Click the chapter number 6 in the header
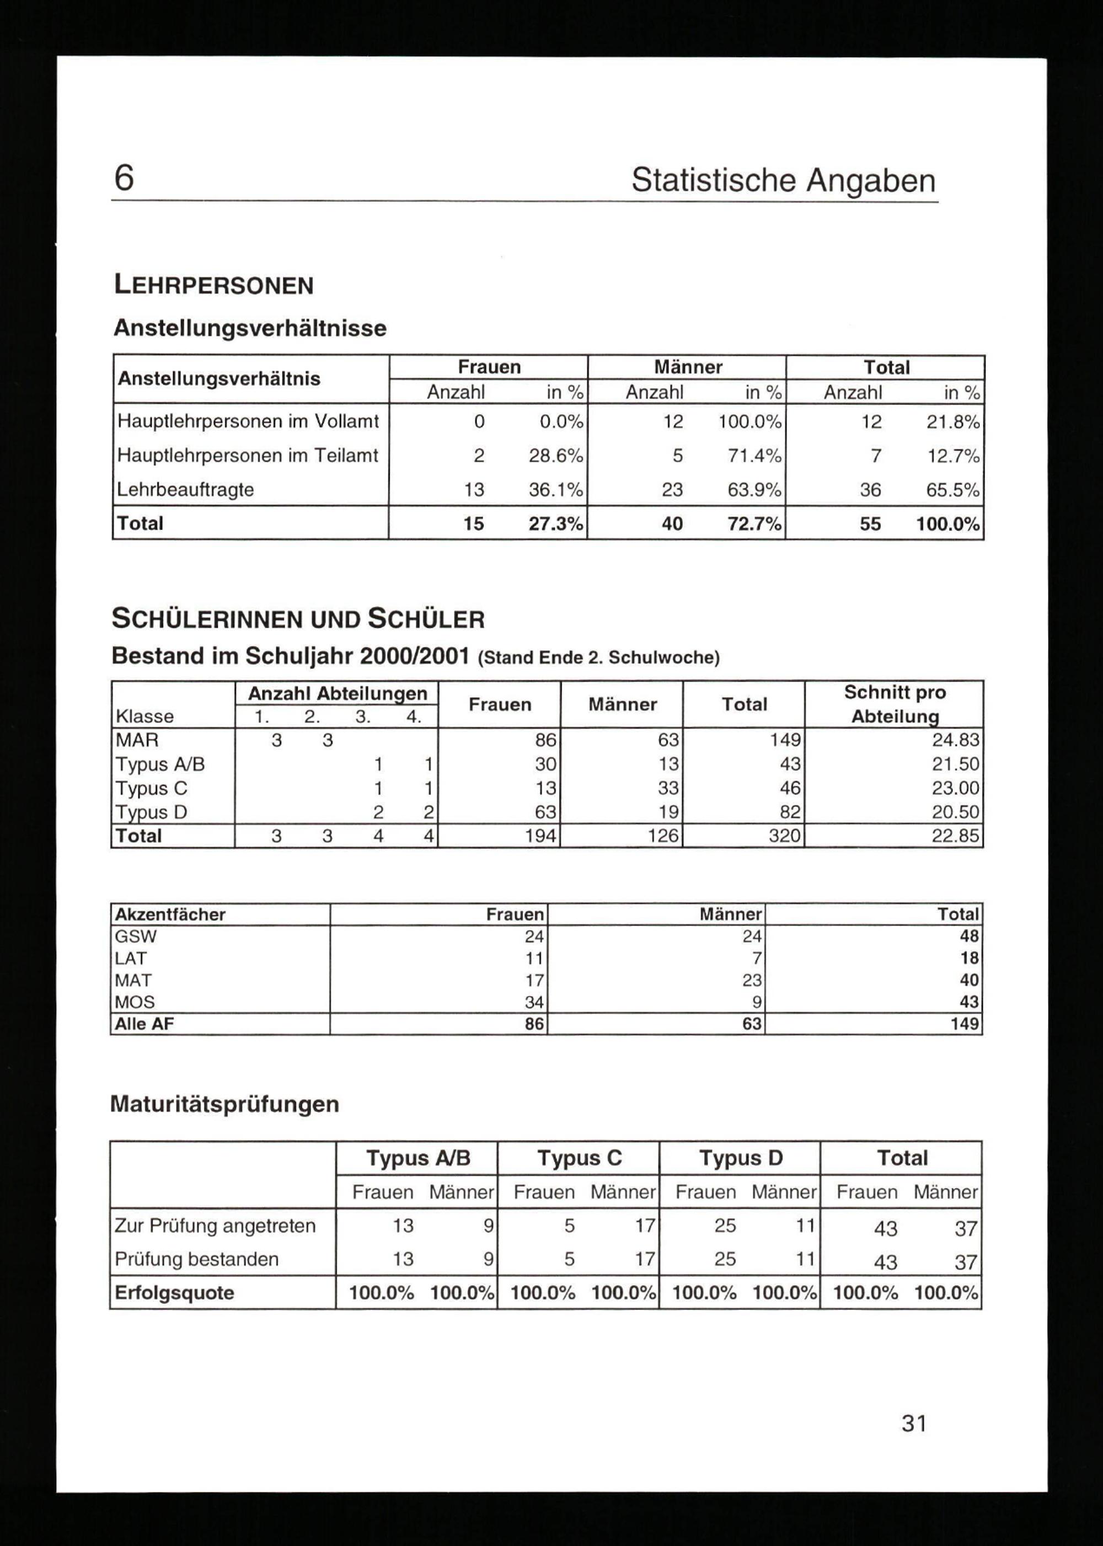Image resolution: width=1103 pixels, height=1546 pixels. click(124, 179)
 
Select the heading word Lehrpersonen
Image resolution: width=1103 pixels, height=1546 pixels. click(213, 285)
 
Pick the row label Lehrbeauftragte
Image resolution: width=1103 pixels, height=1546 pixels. click(185, 490)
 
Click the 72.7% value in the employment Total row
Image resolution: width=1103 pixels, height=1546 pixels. click(754, 524)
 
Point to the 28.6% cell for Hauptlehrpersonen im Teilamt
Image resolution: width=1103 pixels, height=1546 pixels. click(555, 456)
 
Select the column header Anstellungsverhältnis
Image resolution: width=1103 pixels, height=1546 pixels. click(219, 378)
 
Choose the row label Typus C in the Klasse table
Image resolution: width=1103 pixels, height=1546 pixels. click(152, 789)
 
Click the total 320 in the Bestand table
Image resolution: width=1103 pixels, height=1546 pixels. click(784, 836)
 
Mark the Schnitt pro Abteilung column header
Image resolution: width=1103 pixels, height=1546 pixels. click(895, 704)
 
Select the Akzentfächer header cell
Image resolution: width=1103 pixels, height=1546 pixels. click(170, 914)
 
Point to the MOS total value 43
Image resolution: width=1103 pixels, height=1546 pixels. click(968, 1002)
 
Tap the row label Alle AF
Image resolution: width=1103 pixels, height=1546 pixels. click(144, 1024)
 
